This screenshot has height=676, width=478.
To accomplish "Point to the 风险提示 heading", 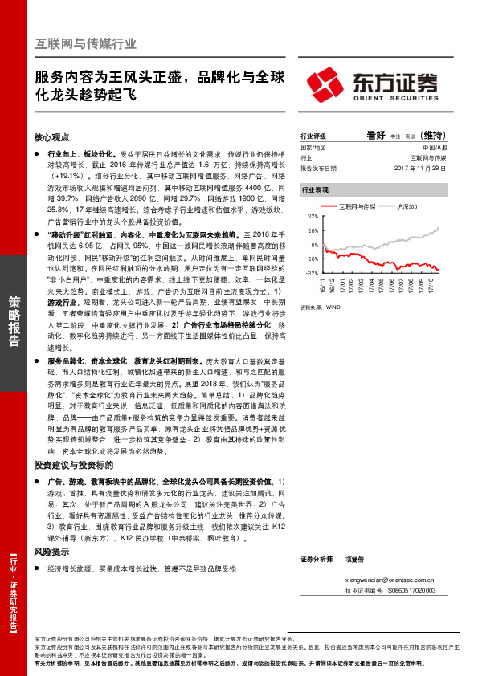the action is click(51, 552).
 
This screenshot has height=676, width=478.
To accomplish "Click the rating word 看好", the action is click(377, 135).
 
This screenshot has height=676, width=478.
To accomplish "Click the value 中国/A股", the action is click(428, 148).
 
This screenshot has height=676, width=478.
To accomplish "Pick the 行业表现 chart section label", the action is click(315, 190).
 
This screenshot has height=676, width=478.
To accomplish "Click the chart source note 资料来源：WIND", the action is click(319, 306).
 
